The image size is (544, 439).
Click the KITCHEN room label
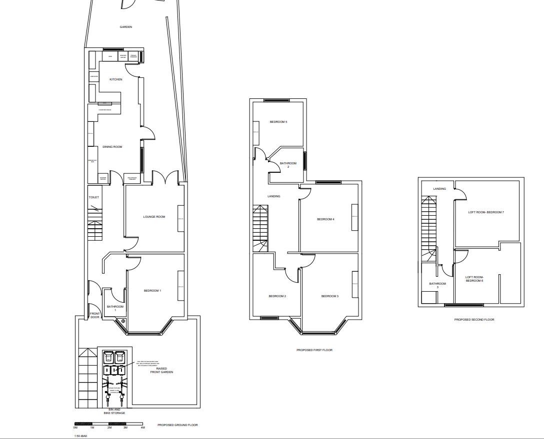pyautogui.click(x=116, y=79)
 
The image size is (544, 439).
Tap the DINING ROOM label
pyautogui.click(x=112, y=147)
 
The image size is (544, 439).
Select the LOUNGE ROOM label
pyautogui.click(x=154, y=217)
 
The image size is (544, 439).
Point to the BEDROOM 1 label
pyautogui.click(x=152, y=291)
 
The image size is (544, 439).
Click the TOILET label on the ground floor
pyautogui.click(x=94, y=197)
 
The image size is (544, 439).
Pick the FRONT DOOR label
pyautogui.click(x=95, y=316)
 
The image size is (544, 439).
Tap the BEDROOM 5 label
pyautogui.click(x=278, y=122)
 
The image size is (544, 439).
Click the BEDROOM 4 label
pyautogui.click(x=325, y=219)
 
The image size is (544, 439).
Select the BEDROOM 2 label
pyautogui.click(x=277, y=296)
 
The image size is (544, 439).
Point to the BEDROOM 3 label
pyautogui.click(x=330, y=296)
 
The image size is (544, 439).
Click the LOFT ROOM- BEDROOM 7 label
pyautogui.click(x=486, y=212)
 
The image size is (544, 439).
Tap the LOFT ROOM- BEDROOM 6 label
pyautogui.click(x=474, y=279)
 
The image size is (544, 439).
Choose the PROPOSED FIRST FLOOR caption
pyautogui.click(x=314, y=350)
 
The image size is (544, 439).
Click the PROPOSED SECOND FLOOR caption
pyautogui.click(x=474, y=320)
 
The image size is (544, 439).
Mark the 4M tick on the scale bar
pyautogui.click(x=142, y=428)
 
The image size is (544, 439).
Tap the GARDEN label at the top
pyautogui.click(x=126, y=27)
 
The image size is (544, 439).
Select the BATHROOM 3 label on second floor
pyautogui.click(x=437, y=285)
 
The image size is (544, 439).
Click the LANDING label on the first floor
pyautogui.click(x=274, y=196)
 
